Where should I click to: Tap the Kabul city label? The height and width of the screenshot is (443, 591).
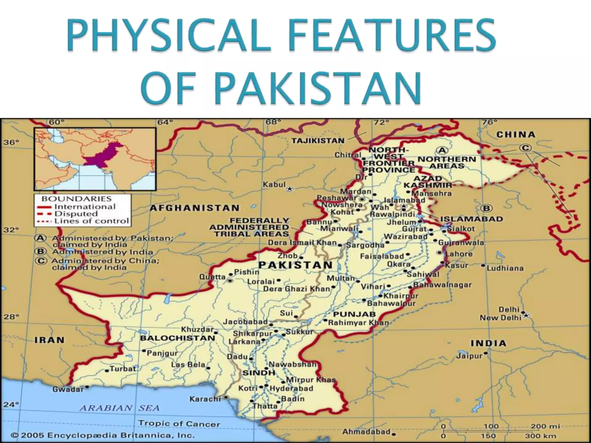(274, 185)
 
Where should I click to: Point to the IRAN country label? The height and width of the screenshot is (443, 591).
(49, 340)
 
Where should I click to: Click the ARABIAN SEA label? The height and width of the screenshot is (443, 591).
(119, 408)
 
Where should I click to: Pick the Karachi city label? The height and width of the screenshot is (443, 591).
(205, 399)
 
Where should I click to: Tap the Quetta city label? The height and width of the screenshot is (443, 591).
(212, 277)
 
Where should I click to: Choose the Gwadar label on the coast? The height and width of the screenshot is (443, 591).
(68, 389)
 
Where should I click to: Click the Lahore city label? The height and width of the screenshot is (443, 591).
(459, 254)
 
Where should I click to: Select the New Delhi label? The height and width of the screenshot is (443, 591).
(500, 318)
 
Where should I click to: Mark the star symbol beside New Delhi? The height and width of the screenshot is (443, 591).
(526, 316)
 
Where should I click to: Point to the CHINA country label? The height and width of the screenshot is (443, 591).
(516, 134)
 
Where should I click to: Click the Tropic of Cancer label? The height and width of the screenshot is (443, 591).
(179, 424)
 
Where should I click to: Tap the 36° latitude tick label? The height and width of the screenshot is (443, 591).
(11, 142)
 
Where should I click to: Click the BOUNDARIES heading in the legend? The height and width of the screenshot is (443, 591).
(76, 199)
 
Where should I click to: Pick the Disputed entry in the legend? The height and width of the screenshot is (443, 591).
(76, 214)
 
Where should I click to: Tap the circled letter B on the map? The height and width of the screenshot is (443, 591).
(487, 208)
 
